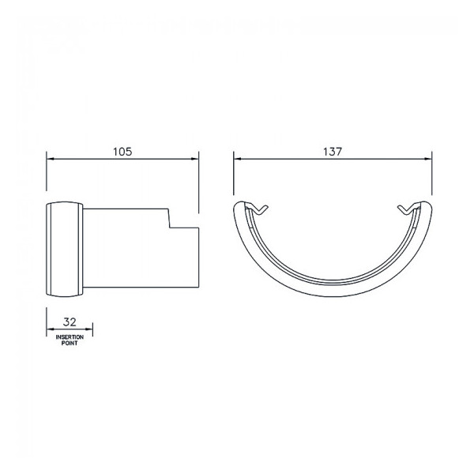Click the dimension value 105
click(x=122, y=150)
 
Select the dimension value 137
click(x=333, y=150)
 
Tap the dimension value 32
click(x=70, y=323)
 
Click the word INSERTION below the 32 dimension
click(x=70, y=337)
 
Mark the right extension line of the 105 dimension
click(x=198, y=182)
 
